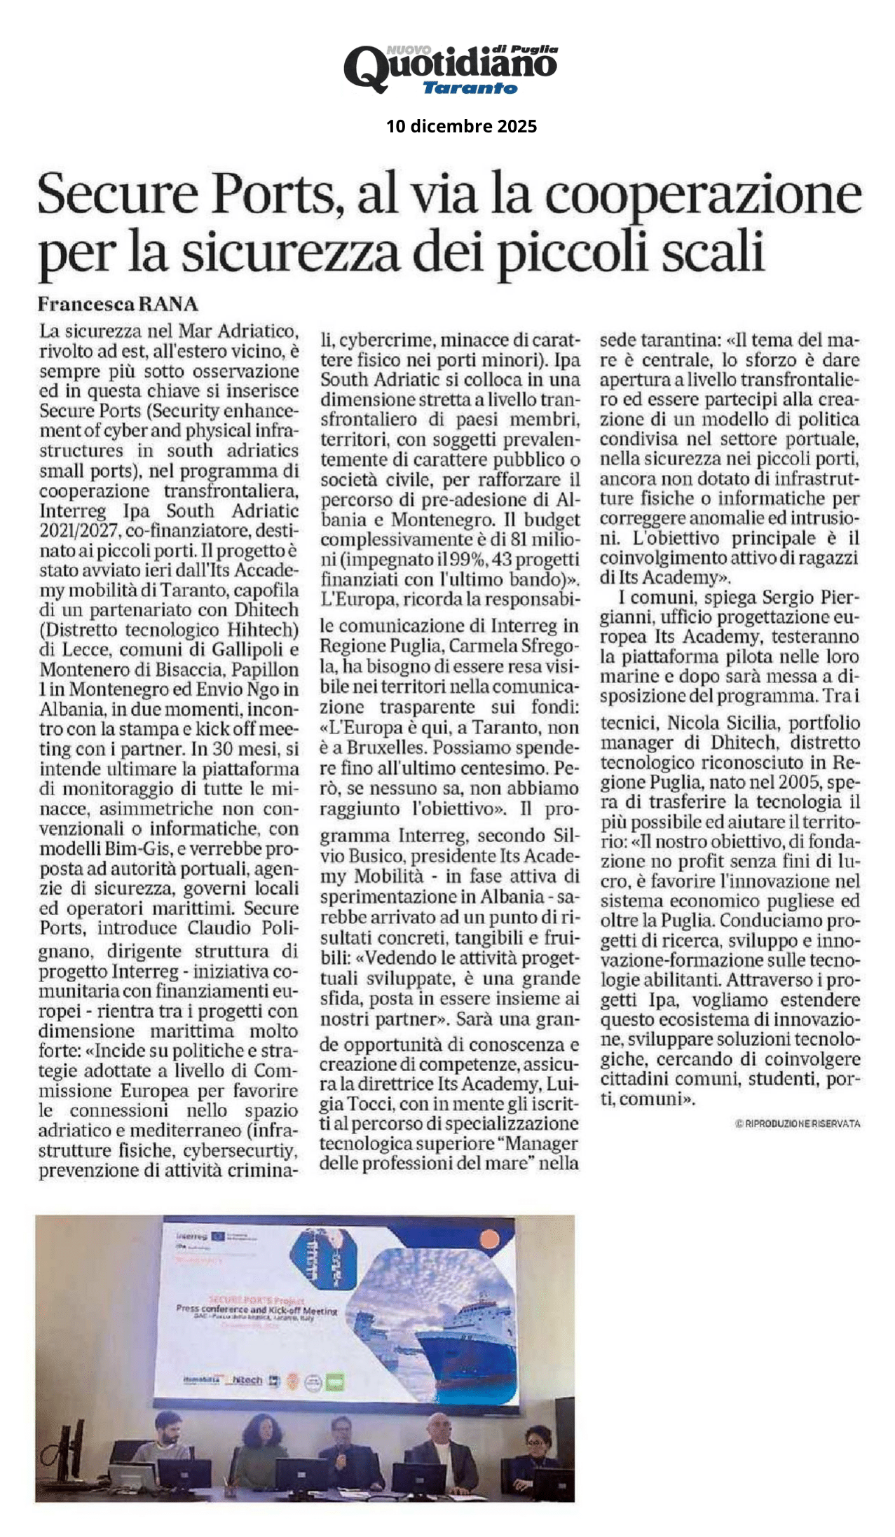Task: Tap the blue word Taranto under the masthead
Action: tap(470, 88)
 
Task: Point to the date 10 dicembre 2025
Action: tap(461, 126)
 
